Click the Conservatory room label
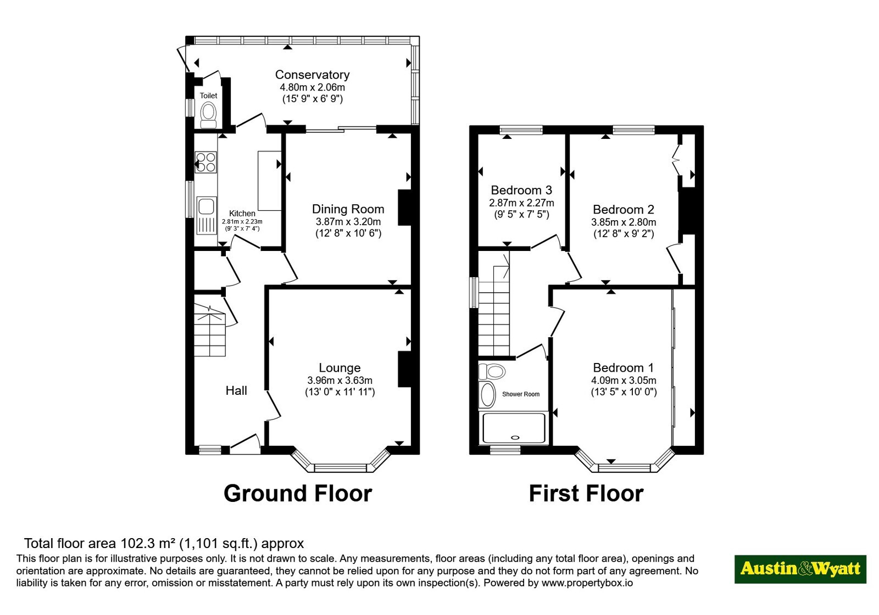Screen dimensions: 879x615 tap(312, 75)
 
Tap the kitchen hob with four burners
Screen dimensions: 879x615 tap(205, 163)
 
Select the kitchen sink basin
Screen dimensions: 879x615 tap(207, 206)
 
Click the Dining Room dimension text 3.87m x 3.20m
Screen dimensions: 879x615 tap(348, 222)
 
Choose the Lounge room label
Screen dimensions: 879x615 tap(340, 368)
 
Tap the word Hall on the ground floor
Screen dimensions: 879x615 tap(236, 390)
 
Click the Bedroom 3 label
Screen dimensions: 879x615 tap(521, 190)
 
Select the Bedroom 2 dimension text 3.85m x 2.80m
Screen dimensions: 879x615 tap(624, 222)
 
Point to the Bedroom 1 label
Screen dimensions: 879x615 tap(623, 368)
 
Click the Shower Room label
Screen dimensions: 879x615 tap(521, 394)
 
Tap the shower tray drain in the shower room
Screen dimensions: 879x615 tap(515, 438)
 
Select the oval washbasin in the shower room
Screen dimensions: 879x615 tap(488, 395)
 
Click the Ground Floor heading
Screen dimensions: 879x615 tap(297, 494)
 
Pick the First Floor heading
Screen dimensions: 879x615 tap(586, 494)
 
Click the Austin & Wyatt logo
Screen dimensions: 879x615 tap(800, 569)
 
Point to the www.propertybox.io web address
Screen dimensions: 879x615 tap(587, 583)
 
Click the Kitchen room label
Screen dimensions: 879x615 tap(242, 214)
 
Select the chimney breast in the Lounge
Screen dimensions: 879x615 tap(404, 370)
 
